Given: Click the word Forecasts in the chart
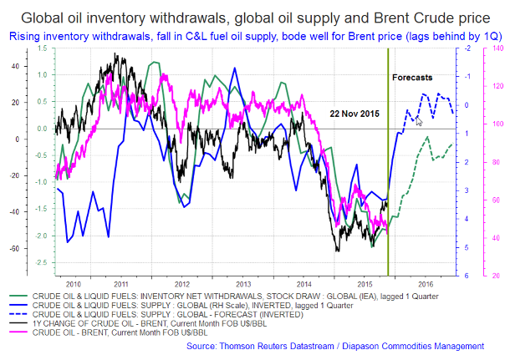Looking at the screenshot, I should (x=412, y=77).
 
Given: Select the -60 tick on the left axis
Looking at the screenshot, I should (x=13, y=249).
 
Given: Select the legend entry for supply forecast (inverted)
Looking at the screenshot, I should (x=168, y=314).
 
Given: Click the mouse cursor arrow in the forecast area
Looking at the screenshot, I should (x=419, y=120).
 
